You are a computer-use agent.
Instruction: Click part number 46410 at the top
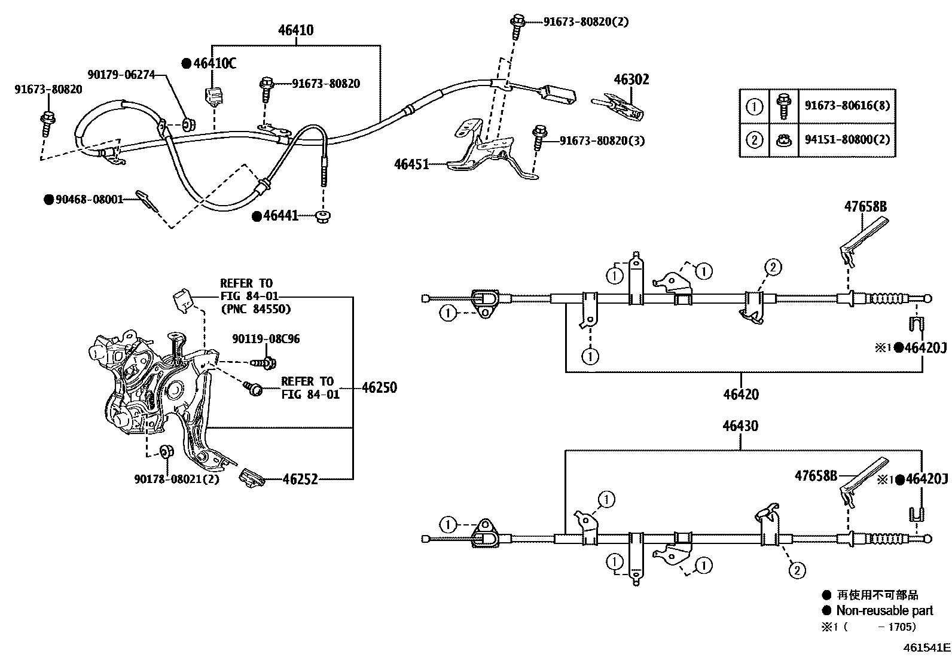tap(295, 30)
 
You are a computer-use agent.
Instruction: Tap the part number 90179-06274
tap(121, 75)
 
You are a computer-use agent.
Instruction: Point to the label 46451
tap(411, 164)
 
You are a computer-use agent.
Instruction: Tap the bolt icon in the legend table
tap(783, 106)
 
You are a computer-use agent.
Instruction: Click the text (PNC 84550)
tap(255, 309)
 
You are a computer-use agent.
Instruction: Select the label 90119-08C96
tap(266, 339)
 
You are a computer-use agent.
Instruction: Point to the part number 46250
tap(379, 387)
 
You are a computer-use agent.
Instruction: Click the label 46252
tap(300, 479)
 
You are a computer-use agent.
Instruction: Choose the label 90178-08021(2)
tap(176, 479)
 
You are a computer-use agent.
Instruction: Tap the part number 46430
tap(740, 426)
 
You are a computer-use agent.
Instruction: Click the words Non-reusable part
tap(884, 610)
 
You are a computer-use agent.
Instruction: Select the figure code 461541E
tap(926, 647)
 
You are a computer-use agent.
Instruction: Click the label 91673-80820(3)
tap(602, 140)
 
